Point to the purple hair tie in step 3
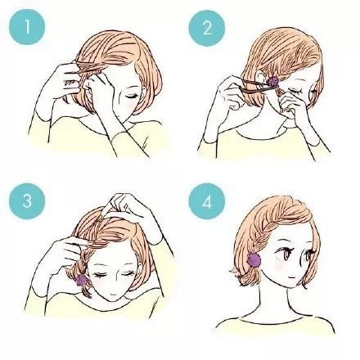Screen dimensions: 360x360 coord(82,280)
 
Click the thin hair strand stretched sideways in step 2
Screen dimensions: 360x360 coord(250,82)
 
